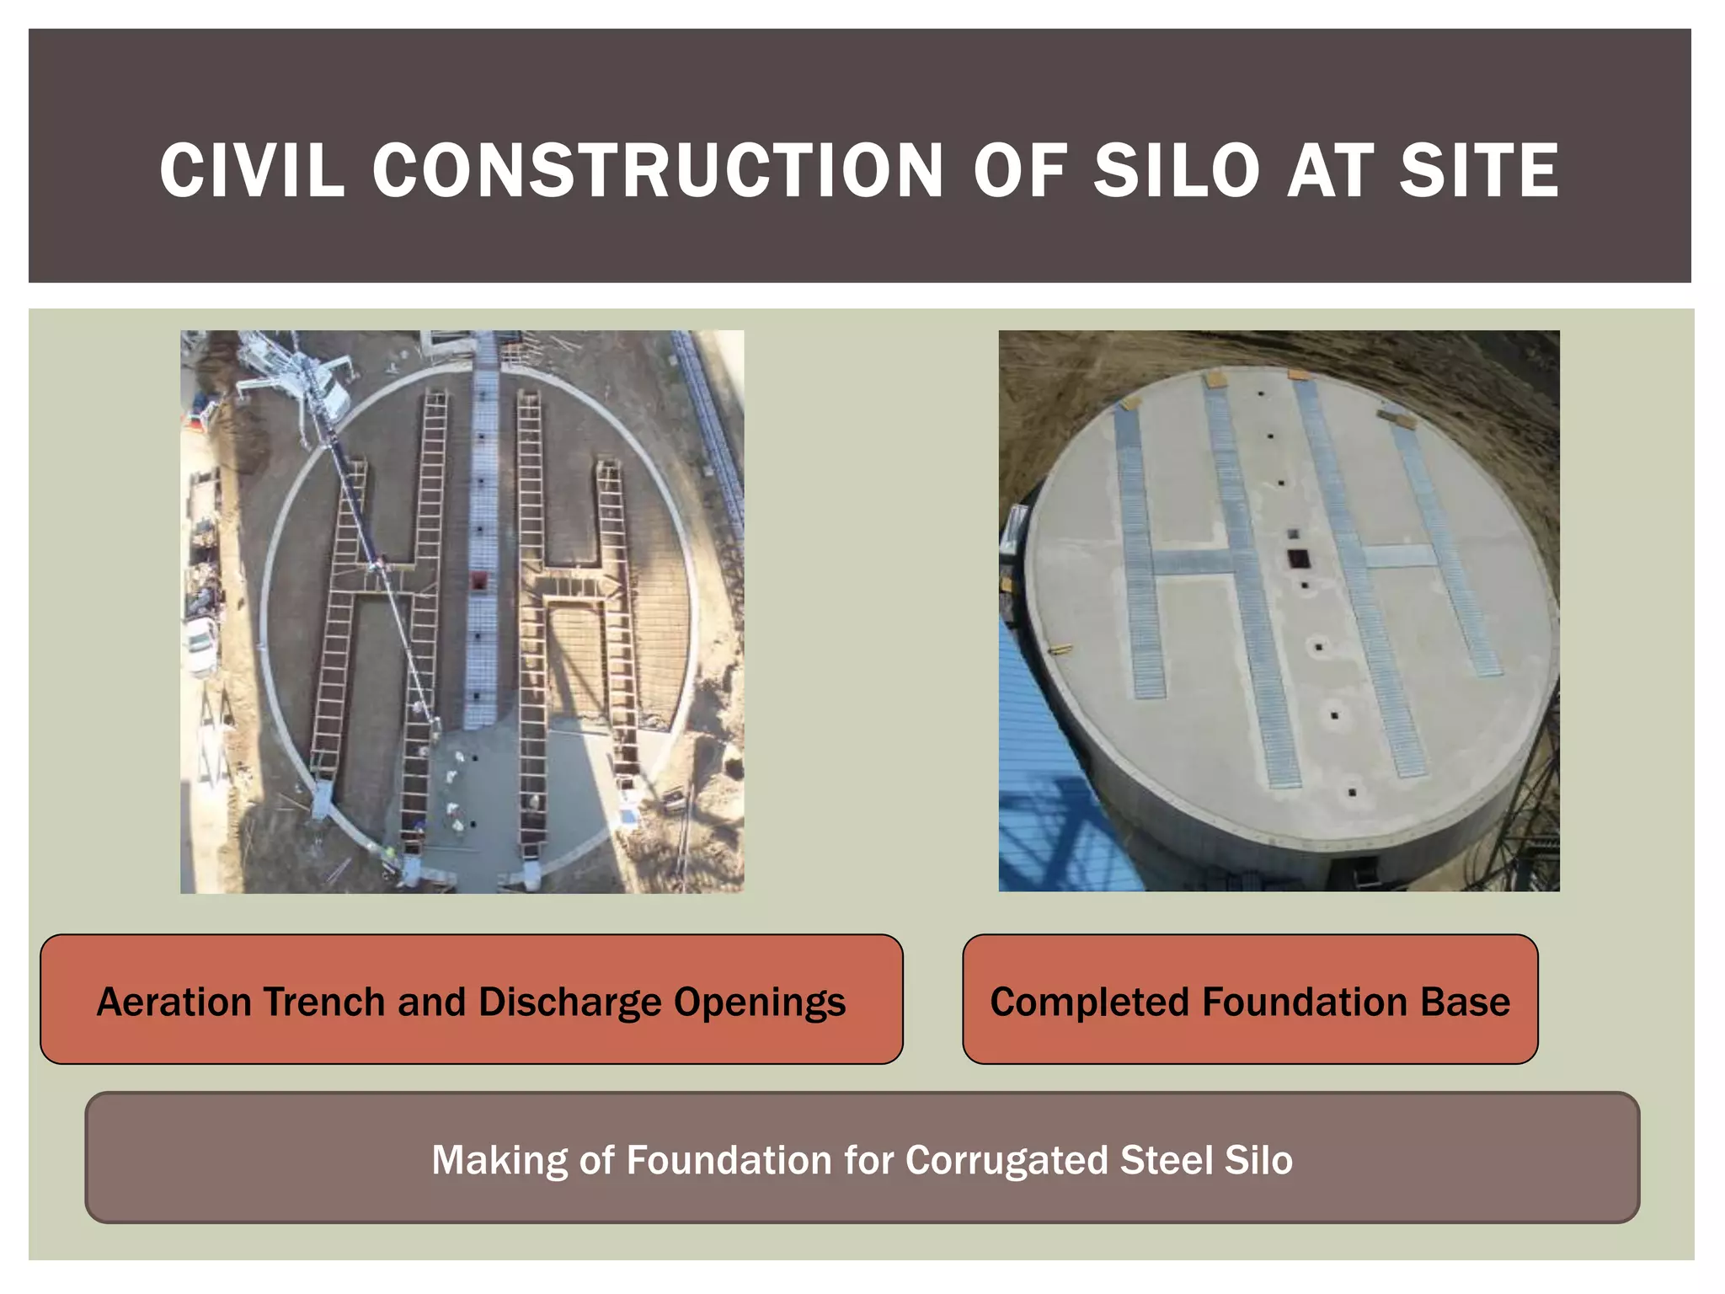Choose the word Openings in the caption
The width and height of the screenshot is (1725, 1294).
coord(760,1002)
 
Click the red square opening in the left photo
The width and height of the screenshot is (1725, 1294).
coord(478,580)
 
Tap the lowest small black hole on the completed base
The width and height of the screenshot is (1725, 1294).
coord(1353,793)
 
